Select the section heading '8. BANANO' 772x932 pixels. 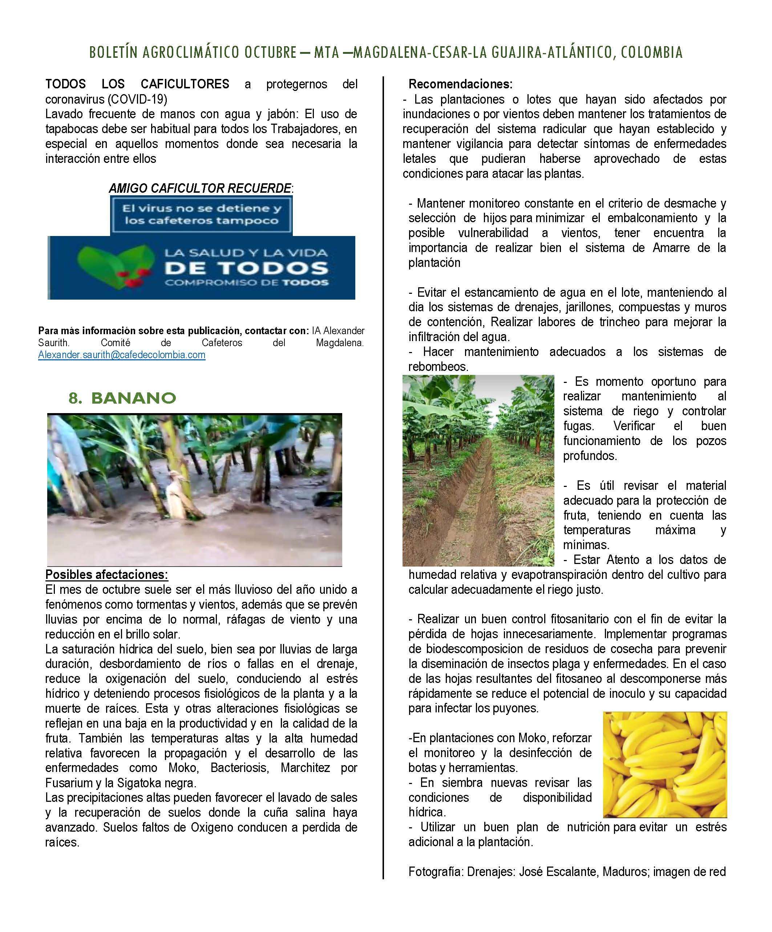(122, 398)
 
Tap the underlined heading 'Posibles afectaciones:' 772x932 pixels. (106, 575)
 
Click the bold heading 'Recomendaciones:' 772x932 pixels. (460, 84)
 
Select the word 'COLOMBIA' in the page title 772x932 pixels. (651, 53)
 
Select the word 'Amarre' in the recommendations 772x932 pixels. (671, 248)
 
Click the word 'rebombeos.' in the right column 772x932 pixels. (438, 367)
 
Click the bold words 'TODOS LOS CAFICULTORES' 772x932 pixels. (137, 84)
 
